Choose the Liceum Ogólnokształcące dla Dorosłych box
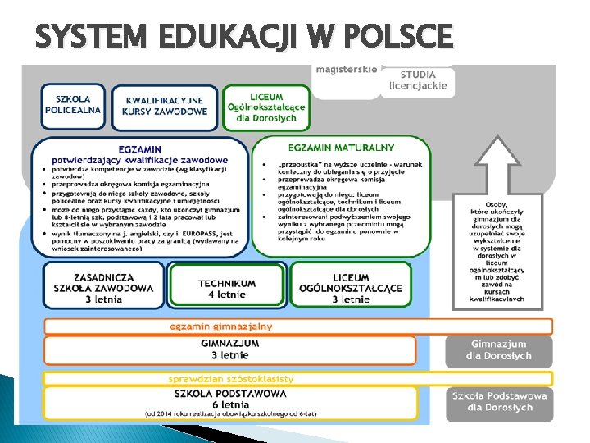point(265,107)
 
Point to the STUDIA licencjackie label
point(418,80)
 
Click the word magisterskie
point(346,70)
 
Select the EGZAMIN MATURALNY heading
point(342,148)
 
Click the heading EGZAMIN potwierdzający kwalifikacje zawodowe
point(139,154)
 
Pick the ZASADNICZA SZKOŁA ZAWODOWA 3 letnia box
point(103,288)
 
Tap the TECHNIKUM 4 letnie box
point(227,288)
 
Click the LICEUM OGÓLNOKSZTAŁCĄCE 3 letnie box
point(351,288)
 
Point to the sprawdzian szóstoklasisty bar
point(230,379)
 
